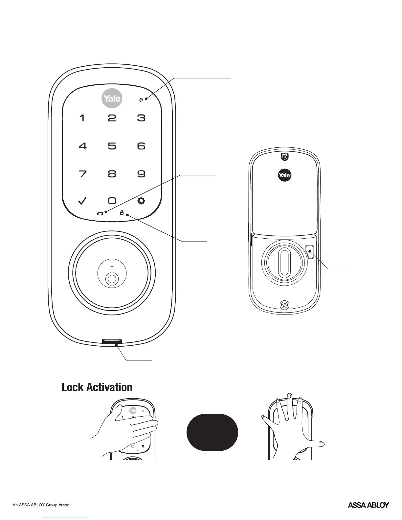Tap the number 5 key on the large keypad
click(112, 146)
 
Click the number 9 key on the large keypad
click(141, 174)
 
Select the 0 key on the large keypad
click(112, 201)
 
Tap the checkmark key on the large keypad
click(82, 201)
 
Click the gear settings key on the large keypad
click(141, 201)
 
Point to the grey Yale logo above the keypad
click(112, 98)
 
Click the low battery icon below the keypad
click(100, 213)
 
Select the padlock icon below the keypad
click(122, 213)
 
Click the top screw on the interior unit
click(285, 157)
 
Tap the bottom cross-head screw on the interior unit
click(284, 305)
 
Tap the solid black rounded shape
click(212, 432)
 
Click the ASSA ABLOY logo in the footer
click(368, 505)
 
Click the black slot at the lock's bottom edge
click(111, 341)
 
